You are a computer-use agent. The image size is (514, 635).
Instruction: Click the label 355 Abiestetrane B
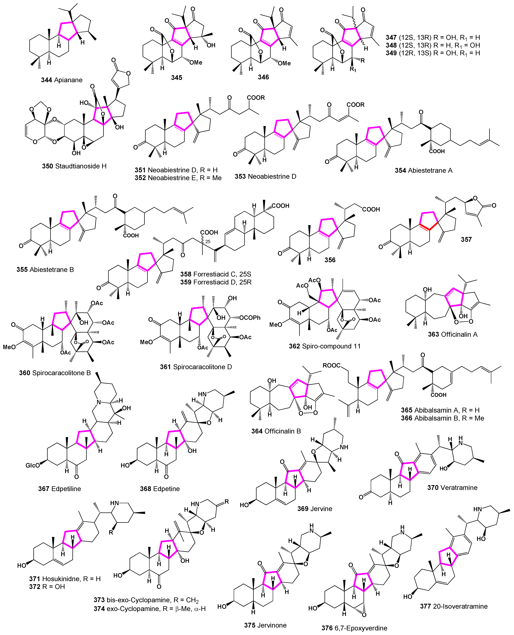point(45,269)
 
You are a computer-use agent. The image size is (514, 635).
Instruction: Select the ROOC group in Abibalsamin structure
point(331,366)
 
